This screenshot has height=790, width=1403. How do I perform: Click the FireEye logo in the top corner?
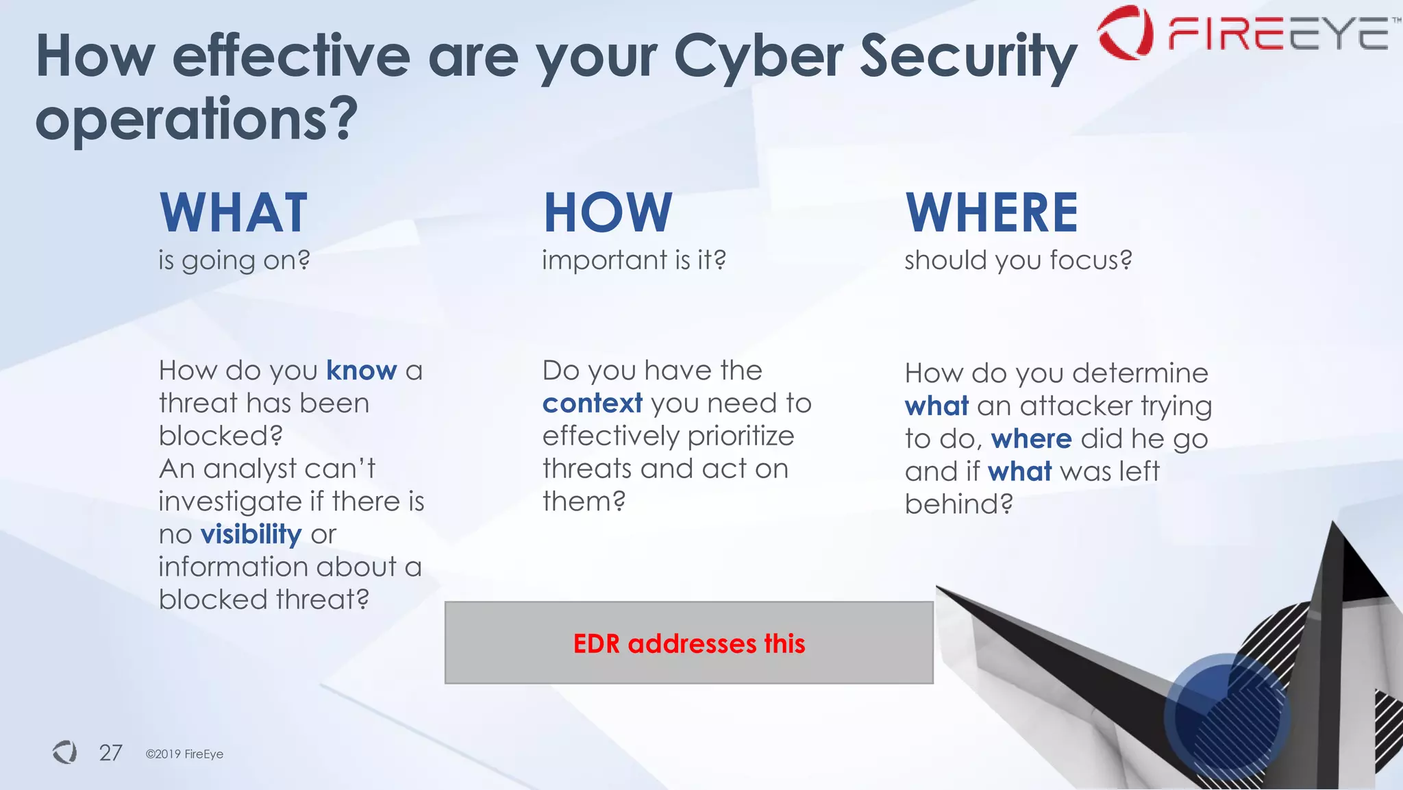tap(1243, 33)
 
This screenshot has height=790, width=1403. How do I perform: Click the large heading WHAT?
tap(234, 213)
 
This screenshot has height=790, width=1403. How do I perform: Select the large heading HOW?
tap(608, 213)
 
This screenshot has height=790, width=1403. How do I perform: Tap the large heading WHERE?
tap(992, 213)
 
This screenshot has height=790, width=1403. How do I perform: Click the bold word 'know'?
tap(361, 371)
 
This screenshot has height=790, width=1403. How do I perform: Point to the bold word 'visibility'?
tap(251, 534)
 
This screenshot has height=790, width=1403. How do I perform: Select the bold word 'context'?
tap(593, 404)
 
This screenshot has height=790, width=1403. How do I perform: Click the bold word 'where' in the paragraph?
tap(1031, 439)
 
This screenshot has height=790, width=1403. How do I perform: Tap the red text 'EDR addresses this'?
tap(689, 643)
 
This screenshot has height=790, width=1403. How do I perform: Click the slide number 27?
tap(110, 753)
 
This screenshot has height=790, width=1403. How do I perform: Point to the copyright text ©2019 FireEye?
tap(184, 754)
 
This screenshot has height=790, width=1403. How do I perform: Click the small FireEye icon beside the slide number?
tap(65, 752)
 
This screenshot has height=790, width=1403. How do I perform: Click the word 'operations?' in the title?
tap(197, 119)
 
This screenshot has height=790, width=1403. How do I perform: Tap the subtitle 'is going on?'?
tap(234, 260)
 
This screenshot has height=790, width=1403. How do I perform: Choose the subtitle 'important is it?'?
tap(634, 260)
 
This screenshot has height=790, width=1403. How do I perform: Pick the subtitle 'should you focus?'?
tap(1018, 260)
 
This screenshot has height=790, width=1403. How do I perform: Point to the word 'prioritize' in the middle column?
tap(741, 436)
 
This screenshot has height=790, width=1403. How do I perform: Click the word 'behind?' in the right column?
tap(958, 504)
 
